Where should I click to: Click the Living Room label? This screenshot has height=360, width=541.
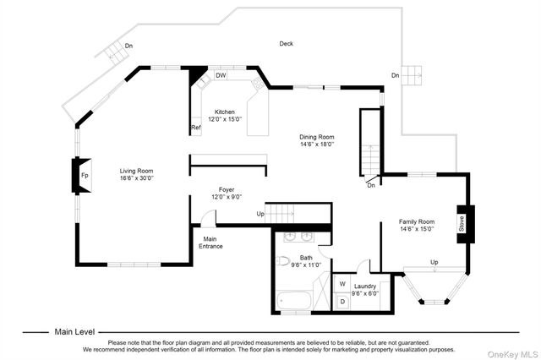click(136, 171)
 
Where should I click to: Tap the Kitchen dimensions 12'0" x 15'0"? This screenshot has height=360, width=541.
click(225, 119)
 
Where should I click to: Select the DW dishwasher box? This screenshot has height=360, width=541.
click(221, 75)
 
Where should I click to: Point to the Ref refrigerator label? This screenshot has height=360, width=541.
click(196, 128)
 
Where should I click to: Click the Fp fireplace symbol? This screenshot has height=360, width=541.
click(82, 175)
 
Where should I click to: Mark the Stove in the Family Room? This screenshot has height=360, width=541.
click(466, 224)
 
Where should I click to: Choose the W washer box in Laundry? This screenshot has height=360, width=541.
click(342, 284)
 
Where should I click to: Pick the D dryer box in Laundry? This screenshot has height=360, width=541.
click(342, 302)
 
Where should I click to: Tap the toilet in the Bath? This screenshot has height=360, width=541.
click(283, 261)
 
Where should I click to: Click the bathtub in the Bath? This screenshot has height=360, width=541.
click(294, 300)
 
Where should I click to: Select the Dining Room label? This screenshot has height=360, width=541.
click(317, 137)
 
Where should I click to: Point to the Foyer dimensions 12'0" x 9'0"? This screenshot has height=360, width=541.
click(227, 197)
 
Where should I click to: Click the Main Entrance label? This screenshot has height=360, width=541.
click(210, 243)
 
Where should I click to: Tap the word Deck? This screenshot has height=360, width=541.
click(287, 43)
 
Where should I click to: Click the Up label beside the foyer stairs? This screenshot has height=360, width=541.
click(260, 214)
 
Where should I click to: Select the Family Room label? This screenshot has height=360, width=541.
click(417, 221)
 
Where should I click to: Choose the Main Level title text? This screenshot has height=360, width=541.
click(74, 332)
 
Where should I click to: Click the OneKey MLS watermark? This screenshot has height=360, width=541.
click(513, 354)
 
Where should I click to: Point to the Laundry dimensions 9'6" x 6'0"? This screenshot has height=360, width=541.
click(365, 294)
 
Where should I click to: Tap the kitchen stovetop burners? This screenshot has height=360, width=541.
click(257, 83)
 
